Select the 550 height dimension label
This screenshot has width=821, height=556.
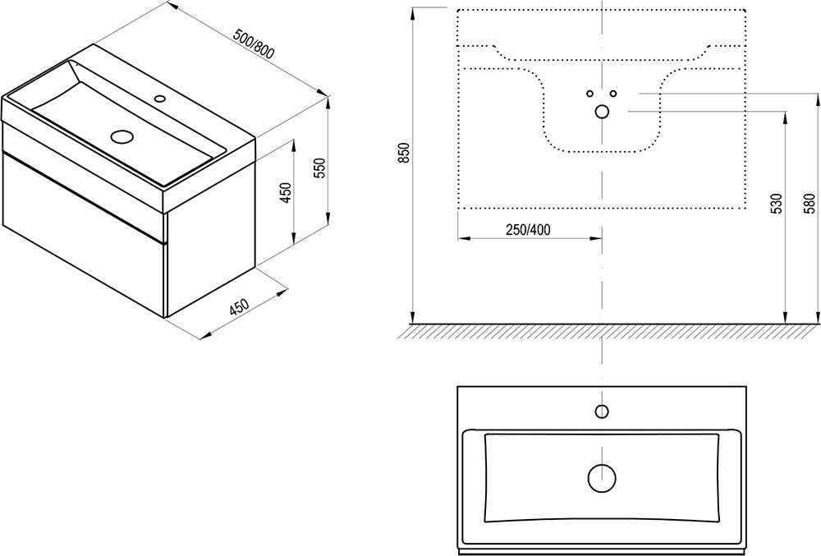click(321, 168)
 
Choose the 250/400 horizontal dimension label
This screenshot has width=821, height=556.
click(528, 229)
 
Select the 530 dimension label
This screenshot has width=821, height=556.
click(776, 204)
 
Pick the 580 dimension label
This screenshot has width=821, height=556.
click(810, 200)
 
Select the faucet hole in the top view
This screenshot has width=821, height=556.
click(602, 411)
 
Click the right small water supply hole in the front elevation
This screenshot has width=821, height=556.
click(613, 93)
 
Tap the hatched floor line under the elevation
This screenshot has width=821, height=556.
click(608, 330)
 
